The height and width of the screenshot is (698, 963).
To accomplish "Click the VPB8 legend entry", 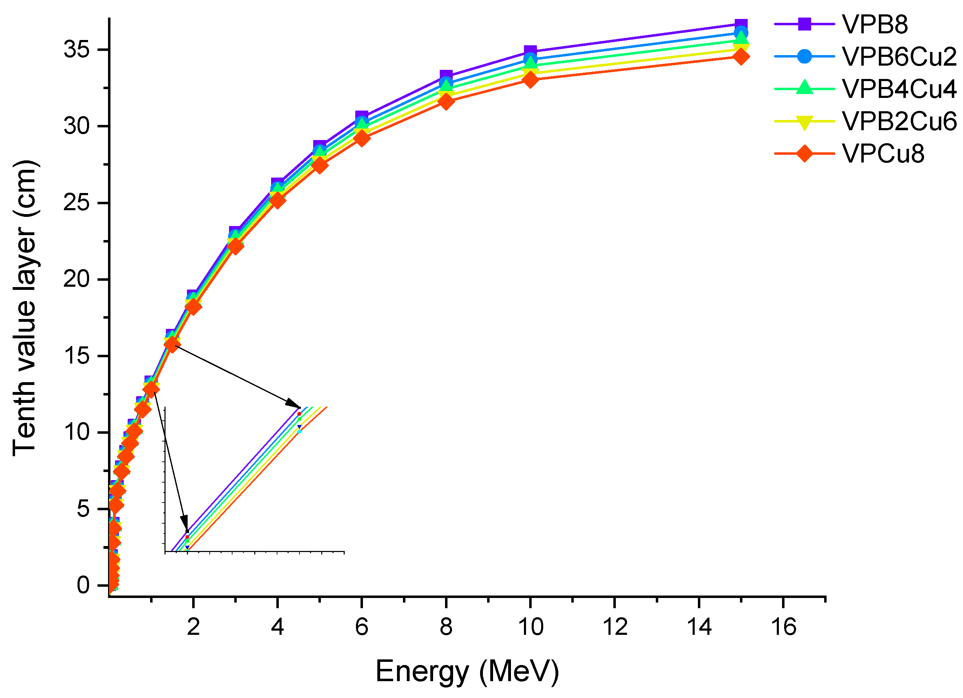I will click(x=875, y=25).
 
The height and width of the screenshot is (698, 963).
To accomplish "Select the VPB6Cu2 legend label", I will click(x=899, y=56).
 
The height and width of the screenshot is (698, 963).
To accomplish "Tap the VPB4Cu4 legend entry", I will click(x=899, y=89).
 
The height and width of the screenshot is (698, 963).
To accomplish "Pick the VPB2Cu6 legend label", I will click(x=899, y=121).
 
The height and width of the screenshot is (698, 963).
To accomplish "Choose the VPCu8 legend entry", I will click(x=883, y=153).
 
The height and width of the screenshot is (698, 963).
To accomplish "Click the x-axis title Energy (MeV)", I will click(x=467, y=671).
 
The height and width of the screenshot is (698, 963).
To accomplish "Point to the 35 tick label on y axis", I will click(x=76, y=50).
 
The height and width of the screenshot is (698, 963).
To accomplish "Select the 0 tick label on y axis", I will click(x=83, y=585).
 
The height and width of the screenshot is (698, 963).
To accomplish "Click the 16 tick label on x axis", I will click(x=783, y=627).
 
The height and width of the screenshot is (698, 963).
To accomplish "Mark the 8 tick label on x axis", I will click(x=446, y=627).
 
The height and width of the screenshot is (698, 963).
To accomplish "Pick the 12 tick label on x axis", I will click(x=615, y=627).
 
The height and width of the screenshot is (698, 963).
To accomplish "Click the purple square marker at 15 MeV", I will click(x=741, y=24).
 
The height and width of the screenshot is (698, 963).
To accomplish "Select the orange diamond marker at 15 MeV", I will click(x=741, y=56).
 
